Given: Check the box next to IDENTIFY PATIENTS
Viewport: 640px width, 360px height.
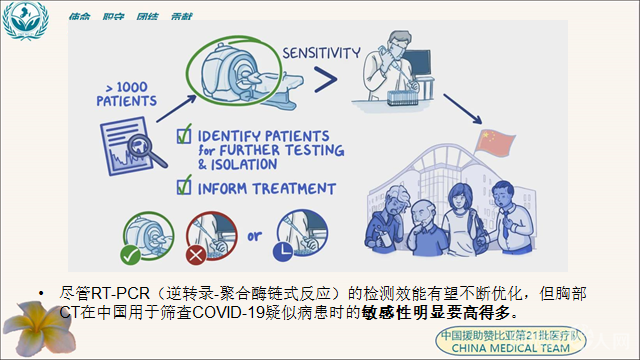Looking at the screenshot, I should click(183, 134).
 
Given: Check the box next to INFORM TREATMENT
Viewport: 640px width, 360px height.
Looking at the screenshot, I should click(183, 184).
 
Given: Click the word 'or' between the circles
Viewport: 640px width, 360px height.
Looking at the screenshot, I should click(256, 238).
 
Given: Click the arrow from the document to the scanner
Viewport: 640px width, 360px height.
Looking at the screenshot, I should click(160, 100).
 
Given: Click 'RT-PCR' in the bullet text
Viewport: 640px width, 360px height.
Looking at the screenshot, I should click(114, 294).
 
